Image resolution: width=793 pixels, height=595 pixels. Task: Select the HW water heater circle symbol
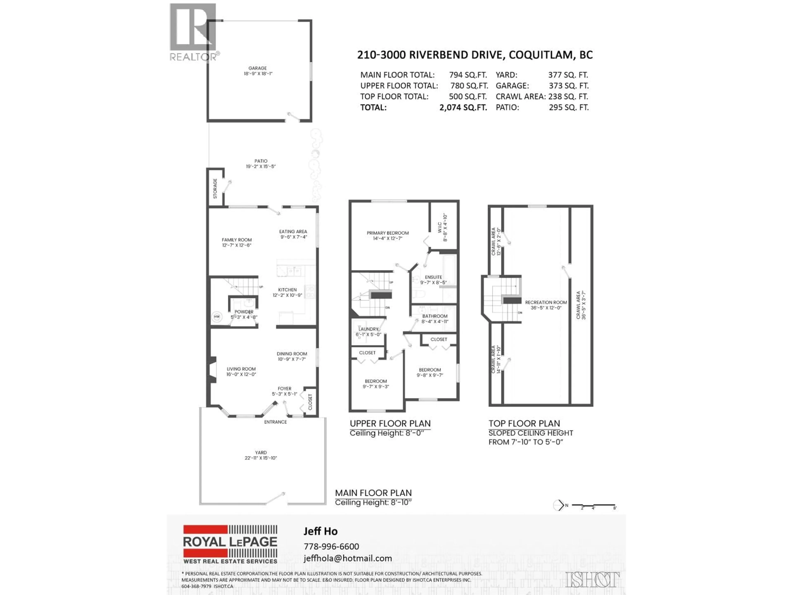[217, 317]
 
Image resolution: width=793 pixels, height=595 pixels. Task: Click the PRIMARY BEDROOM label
[388, 233]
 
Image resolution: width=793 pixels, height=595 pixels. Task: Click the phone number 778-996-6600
[331, 546]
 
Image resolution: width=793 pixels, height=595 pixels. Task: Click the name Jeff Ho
[321, 531]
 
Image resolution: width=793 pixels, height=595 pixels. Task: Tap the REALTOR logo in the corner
[194, 32]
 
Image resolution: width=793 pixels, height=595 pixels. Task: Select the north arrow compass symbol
[559, 505]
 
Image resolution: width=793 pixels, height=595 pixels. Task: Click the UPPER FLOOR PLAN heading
[390, 424]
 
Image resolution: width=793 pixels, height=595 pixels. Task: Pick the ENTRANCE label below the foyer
[275, 422]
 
